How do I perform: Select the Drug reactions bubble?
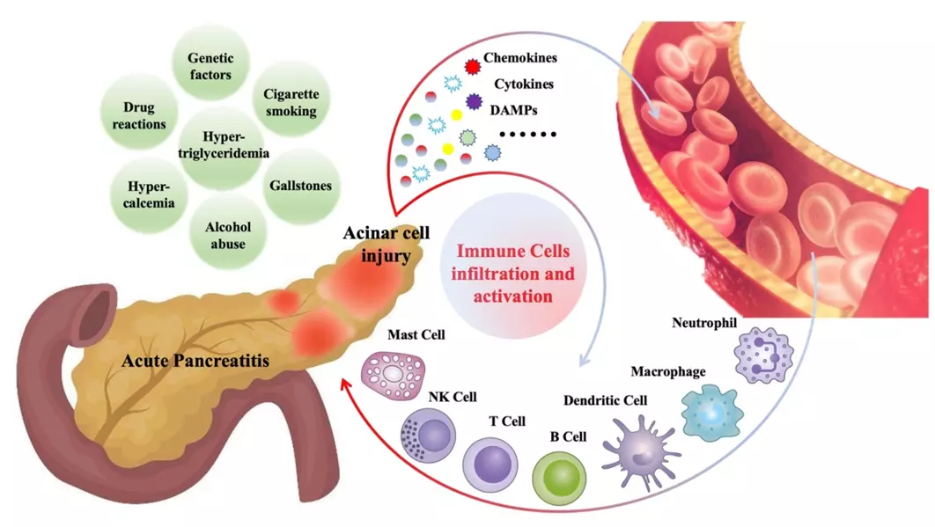click(139, 115)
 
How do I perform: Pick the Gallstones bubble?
click(299, 186)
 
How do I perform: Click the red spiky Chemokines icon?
click(473, 64)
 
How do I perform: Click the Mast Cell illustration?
click(394, 374)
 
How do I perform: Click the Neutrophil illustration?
click(763, 355)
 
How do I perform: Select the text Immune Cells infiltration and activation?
click(512, 274)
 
